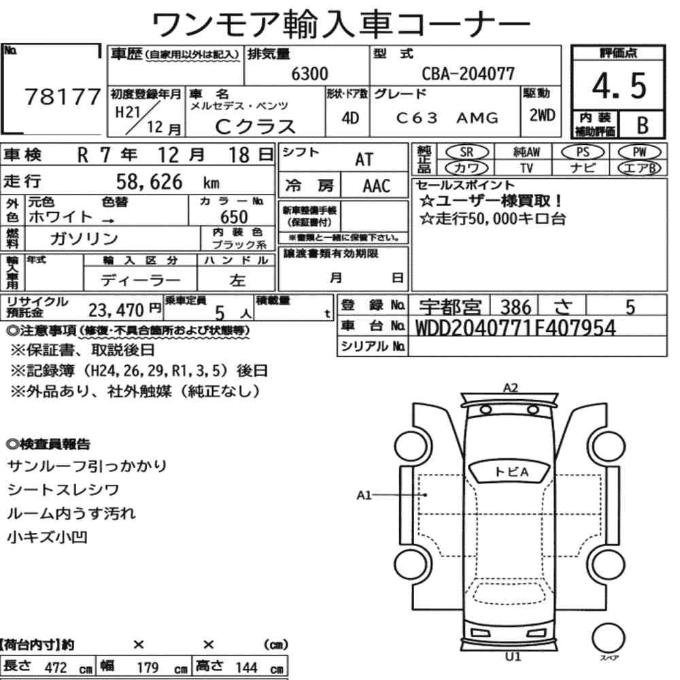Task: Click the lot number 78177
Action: [x=63, y=97]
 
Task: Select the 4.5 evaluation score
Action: [x=619, y=86]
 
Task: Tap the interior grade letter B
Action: [x=643, y=125]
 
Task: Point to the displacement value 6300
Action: [x=309, y=73]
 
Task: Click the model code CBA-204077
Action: [x=469, y=73]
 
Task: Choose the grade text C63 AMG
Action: [x=447, y=118]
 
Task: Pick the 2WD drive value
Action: [x=542, y=116]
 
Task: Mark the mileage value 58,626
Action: [x=149, y=182]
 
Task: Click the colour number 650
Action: [x=234, y=217]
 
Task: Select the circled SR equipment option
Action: [x=467, y=152]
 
